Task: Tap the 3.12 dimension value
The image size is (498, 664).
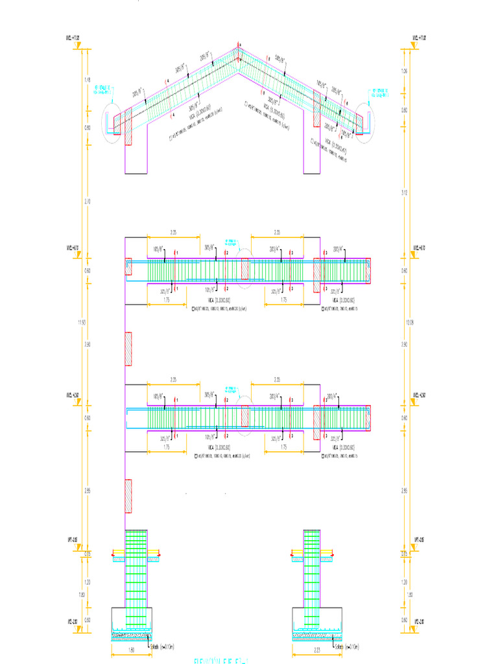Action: [404, 193]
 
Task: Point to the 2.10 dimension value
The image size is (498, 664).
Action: [88, 202]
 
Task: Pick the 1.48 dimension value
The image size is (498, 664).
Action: [88, 79]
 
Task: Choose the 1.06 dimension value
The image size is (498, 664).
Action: [404, 71]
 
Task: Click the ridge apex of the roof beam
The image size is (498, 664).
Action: [238, 48]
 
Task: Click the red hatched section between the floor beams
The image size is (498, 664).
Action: [128, 349]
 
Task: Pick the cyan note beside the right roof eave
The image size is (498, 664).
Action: [377, 93]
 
